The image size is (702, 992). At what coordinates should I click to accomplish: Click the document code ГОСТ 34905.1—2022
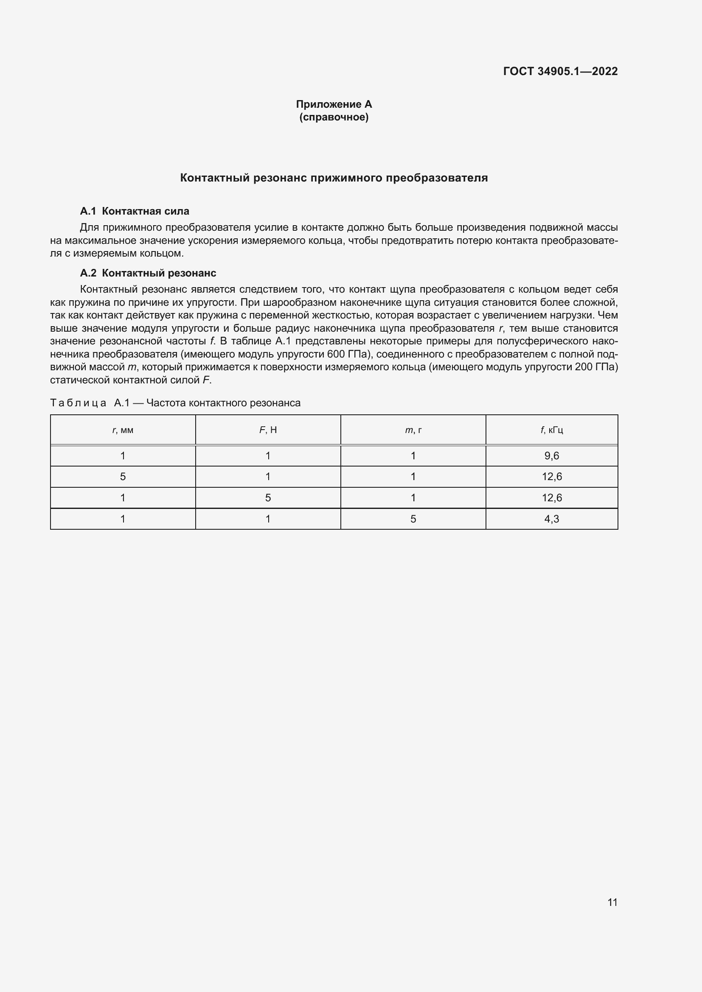560,71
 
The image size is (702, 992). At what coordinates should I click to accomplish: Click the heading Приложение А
334,104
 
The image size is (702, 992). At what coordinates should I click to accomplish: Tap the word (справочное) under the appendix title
334,117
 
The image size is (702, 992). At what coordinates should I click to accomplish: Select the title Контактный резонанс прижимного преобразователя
334,178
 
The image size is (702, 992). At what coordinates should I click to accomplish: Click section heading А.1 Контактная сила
135,211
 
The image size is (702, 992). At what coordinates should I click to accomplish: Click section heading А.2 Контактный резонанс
148,273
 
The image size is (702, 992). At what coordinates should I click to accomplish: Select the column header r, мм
123,430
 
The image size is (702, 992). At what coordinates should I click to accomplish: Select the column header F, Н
268,430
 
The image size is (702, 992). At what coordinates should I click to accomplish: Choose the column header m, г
413,430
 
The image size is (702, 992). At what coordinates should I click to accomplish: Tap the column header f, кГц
552,430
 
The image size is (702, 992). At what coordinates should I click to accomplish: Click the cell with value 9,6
552,456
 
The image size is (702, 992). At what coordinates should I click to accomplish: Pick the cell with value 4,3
552,519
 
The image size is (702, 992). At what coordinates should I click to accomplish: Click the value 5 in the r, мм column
123,477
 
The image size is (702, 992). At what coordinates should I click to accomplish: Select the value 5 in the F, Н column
268,498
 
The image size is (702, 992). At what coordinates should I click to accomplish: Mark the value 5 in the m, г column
413,519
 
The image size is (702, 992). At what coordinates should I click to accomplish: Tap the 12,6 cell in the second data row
552,477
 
